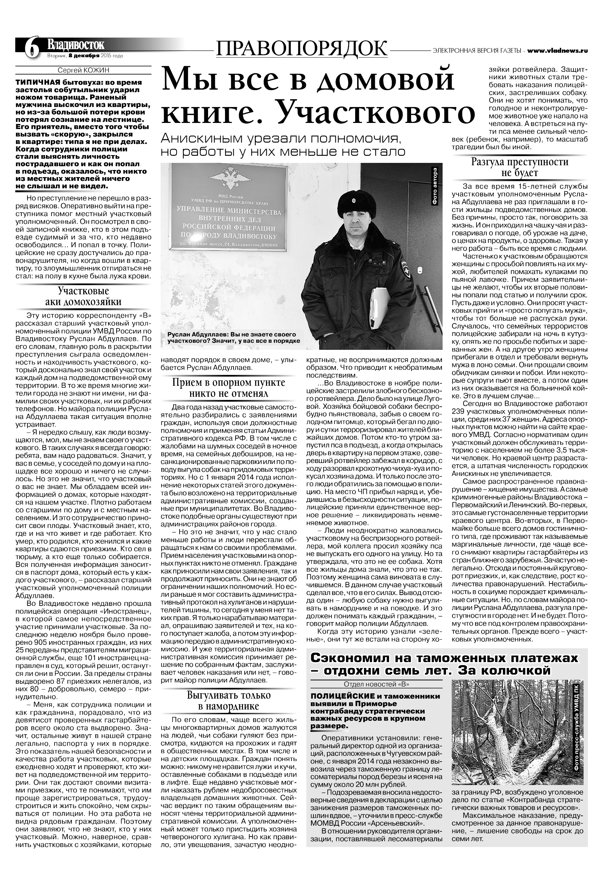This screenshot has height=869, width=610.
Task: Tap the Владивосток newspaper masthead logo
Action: pos(75,45)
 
